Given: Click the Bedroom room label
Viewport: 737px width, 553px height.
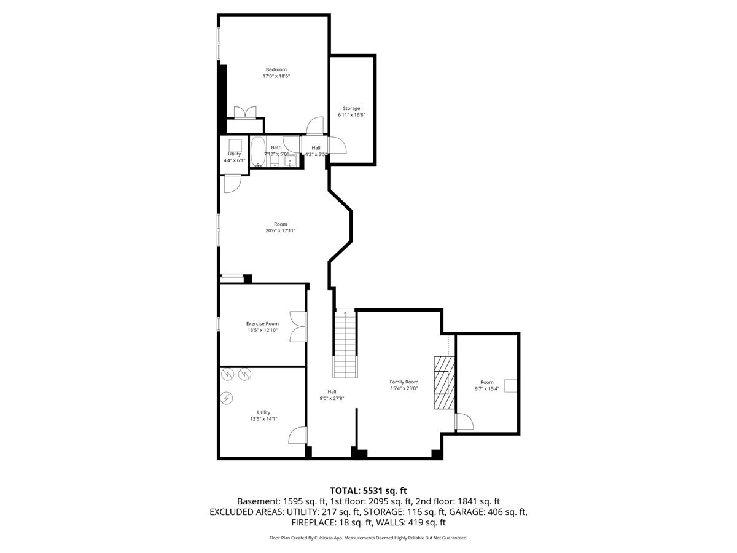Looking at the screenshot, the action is click(x=276, y=69).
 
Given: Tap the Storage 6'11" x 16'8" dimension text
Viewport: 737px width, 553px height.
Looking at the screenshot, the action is click(x=351, y=115).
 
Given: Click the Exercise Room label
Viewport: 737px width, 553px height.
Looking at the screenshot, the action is click(x=262, y=324).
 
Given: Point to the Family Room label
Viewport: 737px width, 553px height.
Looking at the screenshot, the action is click(x=404, y=382).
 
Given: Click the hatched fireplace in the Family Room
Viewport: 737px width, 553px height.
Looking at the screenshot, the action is click(x=444, y=382).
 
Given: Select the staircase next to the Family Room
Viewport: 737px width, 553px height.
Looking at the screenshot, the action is click(x=345, y=344).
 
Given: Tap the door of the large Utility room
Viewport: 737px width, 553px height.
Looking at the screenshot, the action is click(x=298, y=435).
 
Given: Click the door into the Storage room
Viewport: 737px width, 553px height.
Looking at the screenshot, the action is click(x=337, y=145).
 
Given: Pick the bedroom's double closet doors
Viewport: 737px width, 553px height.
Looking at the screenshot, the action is click(x=245, y=112).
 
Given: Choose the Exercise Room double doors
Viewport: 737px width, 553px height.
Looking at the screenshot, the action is click(x=298, y=327).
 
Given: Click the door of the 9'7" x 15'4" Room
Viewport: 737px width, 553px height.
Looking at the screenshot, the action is click(x=464, y=422).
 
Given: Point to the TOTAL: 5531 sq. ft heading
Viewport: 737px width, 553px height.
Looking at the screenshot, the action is click(x=368, y=491).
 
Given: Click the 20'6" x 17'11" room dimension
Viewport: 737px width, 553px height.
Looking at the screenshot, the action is click(x=280, y=230).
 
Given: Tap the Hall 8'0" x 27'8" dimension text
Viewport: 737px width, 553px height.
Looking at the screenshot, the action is click(x=332, y=399).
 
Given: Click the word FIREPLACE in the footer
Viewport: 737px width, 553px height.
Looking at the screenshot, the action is click(x=313, y=522).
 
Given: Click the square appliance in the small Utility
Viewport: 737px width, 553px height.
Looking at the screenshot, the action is click(x=235, y=146).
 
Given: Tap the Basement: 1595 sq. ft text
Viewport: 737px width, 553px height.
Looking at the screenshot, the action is click(x=282, y=501).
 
